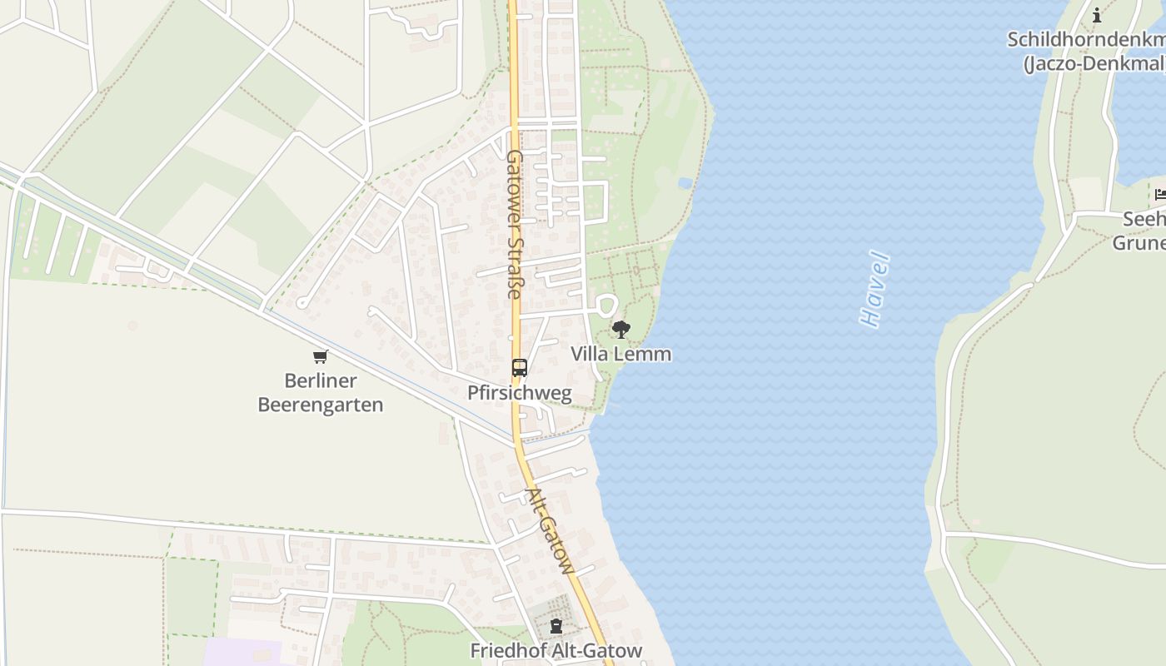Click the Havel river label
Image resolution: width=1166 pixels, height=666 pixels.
tap(874, 289)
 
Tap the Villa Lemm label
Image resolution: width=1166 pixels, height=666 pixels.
tap(620, 354)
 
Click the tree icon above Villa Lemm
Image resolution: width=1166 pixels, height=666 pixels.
tap(620, 330)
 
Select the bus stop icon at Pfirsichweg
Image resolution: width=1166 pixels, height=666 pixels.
tap(520, 367)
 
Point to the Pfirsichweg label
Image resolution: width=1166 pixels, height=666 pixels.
tap(520, 393)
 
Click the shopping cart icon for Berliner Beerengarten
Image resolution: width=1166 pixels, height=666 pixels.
tap(321, 357)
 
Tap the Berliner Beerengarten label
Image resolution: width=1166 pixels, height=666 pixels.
tap(321, 393)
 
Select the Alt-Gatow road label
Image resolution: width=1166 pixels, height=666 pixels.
tap(551, 531)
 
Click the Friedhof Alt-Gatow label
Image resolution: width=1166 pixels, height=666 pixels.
tap(556, 650)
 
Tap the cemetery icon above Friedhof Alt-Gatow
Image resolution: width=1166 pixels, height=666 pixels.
tap(556, 626)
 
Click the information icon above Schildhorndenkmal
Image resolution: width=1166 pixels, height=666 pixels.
tap(1097, 15)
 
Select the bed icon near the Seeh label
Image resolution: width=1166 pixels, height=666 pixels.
tap(1160, 195)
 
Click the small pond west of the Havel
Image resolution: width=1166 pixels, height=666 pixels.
tap(685, 182)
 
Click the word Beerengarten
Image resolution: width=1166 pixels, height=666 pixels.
tap(321, 405)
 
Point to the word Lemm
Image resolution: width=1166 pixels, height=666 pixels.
tap(647, 354)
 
